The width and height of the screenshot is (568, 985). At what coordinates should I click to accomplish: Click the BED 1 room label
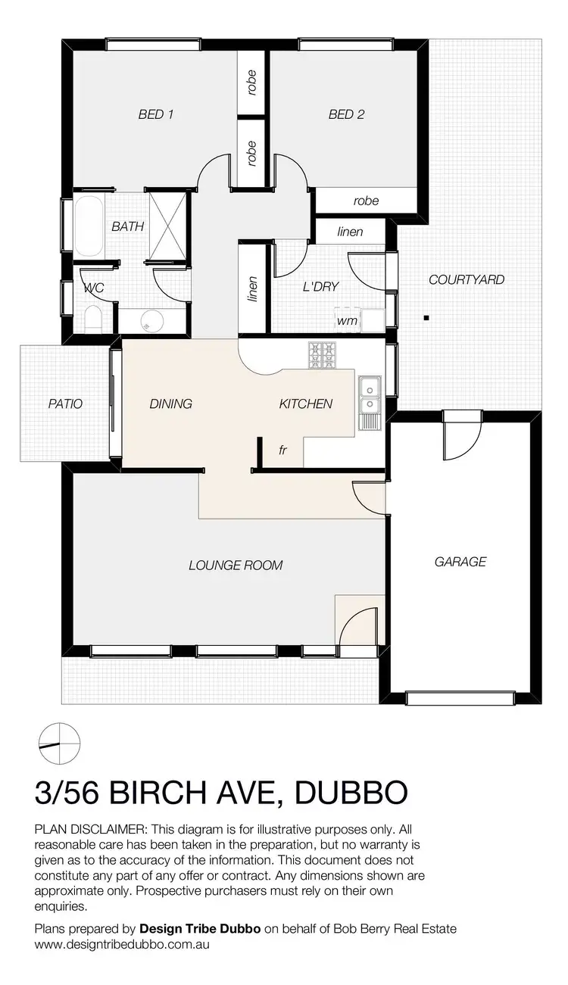coord(156,114)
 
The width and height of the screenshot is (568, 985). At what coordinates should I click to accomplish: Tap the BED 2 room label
coord(346,114)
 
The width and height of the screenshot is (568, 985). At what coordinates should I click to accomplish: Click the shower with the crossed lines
coord(167,226)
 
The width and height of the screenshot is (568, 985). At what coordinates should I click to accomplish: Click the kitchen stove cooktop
coord(323,354)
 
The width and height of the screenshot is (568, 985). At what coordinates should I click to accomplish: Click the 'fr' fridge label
coord(282,450)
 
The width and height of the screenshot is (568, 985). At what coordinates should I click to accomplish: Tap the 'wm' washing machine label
coord(347,320)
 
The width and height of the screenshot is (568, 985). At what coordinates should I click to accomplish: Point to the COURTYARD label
coord(467,279)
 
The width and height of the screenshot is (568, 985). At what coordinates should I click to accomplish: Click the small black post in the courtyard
coord(427,317)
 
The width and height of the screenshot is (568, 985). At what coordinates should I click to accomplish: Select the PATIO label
coord(64,404)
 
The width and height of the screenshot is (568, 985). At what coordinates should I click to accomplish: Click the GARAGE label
coord(460,561)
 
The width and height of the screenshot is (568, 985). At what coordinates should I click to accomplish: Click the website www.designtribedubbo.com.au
coord(122,944)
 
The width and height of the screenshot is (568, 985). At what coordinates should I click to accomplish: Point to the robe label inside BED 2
coord(366,201)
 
